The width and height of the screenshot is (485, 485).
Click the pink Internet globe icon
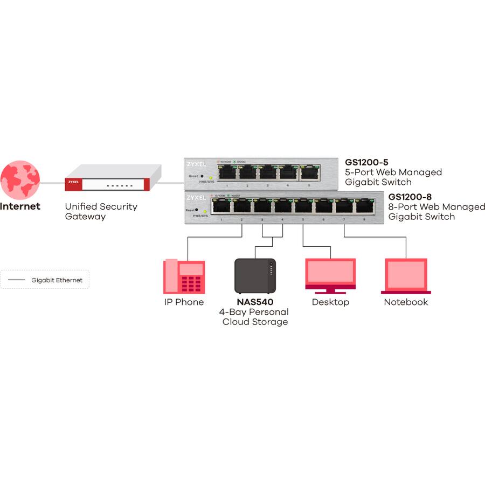(20, 179)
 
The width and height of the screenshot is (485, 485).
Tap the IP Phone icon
(184, 276)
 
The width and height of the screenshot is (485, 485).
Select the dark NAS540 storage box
(255, 276)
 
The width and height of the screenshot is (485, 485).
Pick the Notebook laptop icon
(406, 275)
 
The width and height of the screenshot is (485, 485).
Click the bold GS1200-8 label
(410, 197)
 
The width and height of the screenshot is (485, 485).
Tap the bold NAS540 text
(255, 302)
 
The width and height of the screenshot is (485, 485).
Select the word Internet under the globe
(20, 206)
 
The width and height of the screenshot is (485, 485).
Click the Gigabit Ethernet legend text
(57, 280)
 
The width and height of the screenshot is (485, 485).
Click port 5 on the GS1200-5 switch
(308, 172)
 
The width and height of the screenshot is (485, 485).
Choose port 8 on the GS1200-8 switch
(364, 206)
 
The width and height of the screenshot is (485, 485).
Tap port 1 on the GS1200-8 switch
(221, 206)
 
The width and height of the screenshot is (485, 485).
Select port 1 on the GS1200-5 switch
(227, 172)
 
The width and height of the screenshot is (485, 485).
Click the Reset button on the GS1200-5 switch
(202, 176)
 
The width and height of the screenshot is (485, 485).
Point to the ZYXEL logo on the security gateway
(73, 182)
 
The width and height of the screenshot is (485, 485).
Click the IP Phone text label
(184, 302)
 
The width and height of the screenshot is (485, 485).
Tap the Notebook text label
(406, 302)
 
